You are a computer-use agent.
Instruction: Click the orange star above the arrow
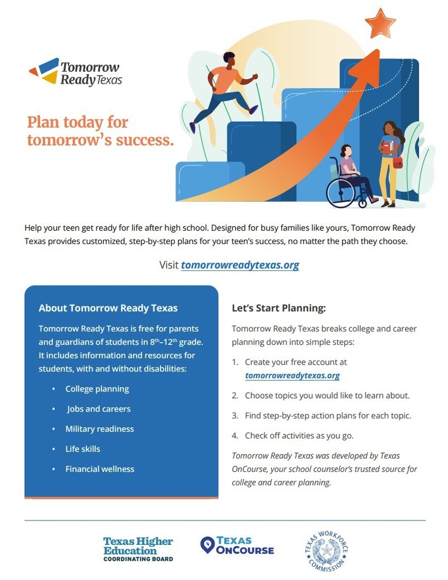[380, 23]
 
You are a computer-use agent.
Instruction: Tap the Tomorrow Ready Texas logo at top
[75, 72]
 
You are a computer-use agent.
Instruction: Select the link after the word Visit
[240, 265]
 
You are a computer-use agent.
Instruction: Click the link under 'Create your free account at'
[292, 376]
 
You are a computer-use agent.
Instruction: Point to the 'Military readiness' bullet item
[100, 429]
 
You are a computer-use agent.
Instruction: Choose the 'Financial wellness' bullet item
[100, 468]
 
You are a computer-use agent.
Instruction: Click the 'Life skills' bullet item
[83, 449]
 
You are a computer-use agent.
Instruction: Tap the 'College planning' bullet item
[97, 389]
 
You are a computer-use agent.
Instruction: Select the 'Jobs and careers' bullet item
[99, 409]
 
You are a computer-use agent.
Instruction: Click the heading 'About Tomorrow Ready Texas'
[108, 308]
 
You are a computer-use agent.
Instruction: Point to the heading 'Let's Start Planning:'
[279, 308]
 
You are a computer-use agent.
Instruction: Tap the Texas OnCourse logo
[237, 545]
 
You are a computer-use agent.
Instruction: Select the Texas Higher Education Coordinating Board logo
[138, 549]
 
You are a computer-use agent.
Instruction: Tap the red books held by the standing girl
[387, 148]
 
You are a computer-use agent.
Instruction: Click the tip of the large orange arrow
[379, 50]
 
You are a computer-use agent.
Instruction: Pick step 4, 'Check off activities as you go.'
[293, 436]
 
